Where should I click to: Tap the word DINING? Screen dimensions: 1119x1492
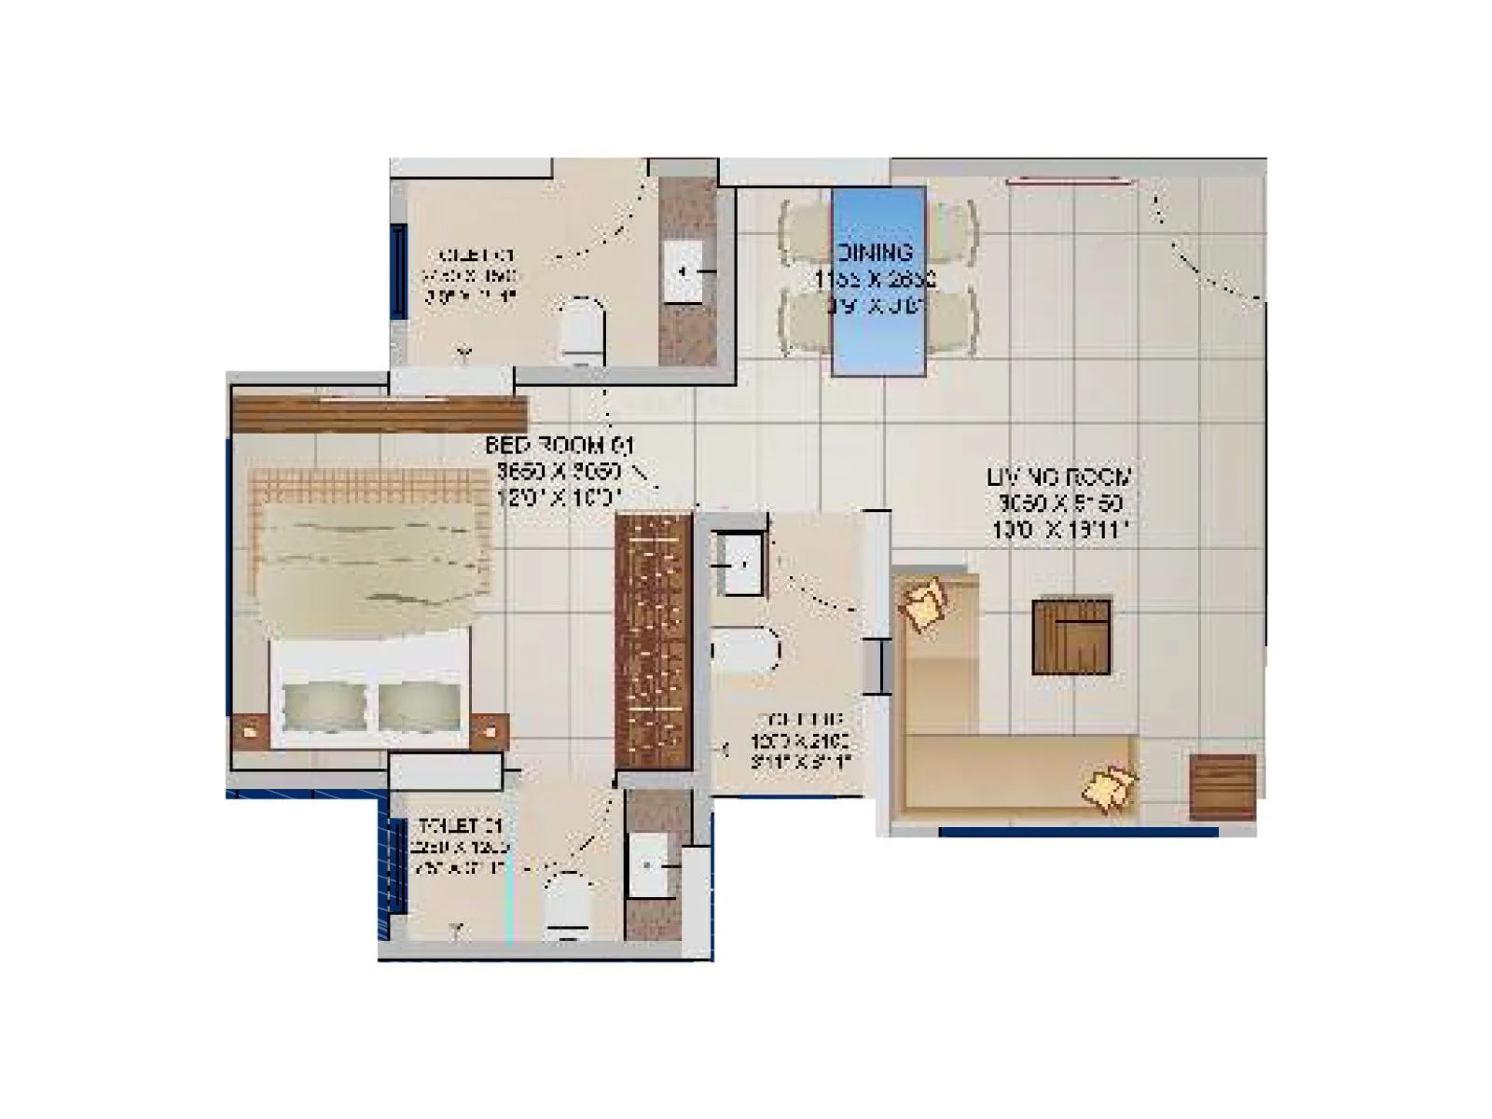coord(875,253)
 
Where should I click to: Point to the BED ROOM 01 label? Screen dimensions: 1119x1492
coord(559,446)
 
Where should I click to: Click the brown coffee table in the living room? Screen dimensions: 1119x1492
coord(1071,637)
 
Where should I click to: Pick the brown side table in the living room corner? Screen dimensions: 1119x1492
coord(1223,787)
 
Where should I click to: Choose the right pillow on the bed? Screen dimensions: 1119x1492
coord(419,705)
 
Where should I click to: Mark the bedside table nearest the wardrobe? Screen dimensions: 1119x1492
coord(489,730)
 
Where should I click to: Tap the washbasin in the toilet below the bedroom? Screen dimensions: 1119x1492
coord(648,864)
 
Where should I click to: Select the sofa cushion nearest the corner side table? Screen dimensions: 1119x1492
coord(1109,785)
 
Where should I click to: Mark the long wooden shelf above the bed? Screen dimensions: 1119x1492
coord(380,414)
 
